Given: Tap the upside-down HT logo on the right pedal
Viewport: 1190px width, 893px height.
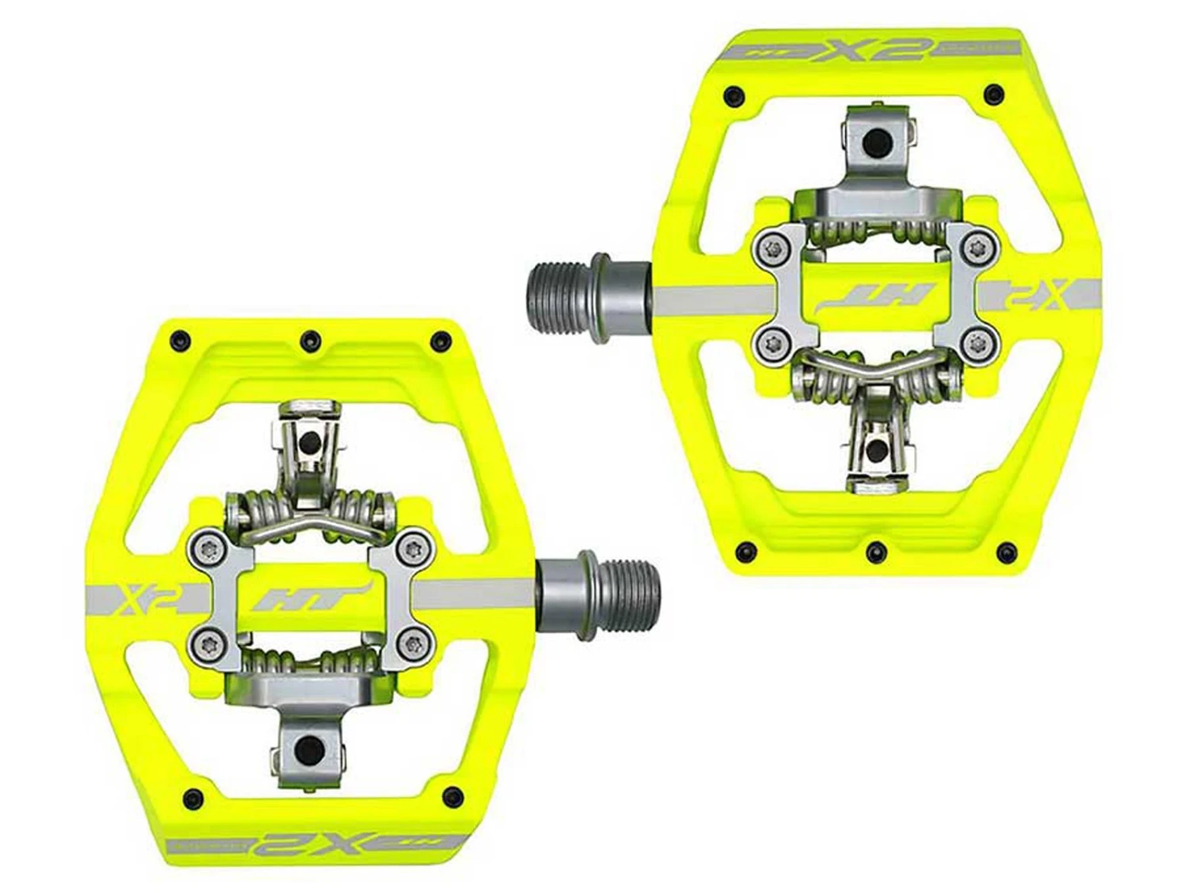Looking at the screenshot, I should click(x=875, y=298).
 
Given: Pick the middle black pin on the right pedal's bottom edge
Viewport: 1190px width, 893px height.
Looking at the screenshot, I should click(x=875, y=549).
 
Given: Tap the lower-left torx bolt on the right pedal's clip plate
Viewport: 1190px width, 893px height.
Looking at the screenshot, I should click(x=767, y=343).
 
